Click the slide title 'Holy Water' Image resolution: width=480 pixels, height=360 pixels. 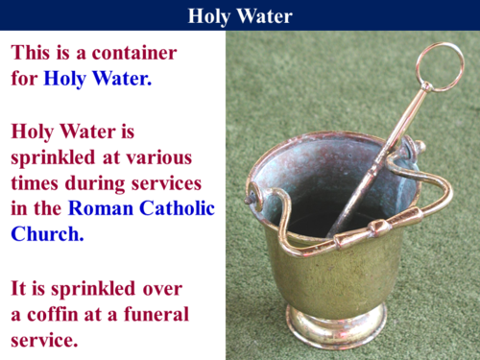240,15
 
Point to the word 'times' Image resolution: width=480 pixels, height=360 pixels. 37,182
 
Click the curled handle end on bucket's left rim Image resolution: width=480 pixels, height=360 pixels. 255,196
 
